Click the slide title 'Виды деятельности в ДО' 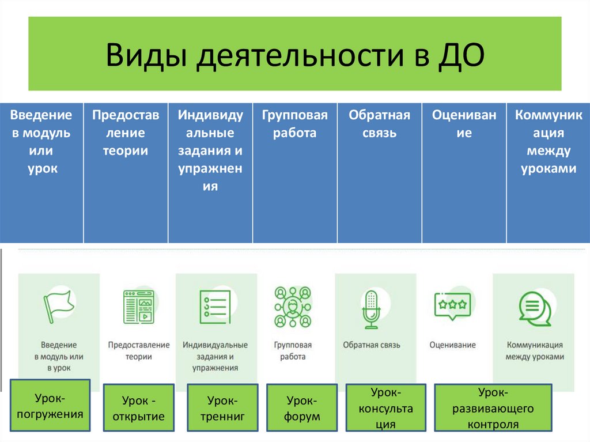(x=294, y=55)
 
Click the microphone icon (x=371, y=309)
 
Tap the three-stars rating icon (x=452, y=305)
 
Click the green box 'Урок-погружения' (x=50, y=405)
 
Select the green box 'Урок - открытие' (x=139, y=408)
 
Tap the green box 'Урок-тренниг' (x=223, y=408)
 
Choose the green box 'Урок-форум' (x=302, y=408)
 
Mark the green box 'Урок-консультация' (x=386, y=408)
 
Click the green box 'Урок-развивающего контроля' (x=493, y=408)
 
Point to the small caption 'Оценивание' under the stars (x=452, y=345)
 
